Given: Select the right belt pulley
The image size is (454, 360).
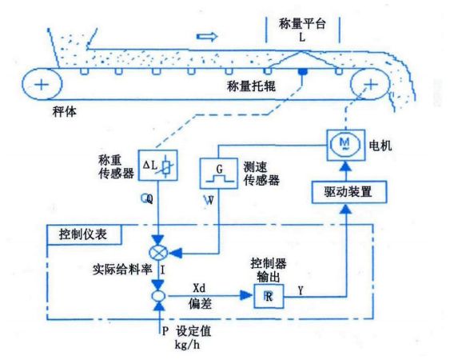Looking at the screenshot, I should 368,83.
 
